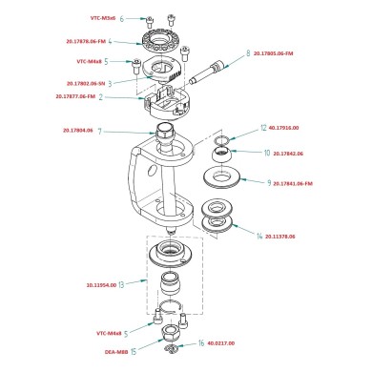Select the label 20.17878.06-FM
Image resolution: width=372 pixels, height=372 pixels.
point(87,41)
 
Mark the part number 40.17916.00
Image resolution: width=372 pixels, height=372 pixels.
point(285,126)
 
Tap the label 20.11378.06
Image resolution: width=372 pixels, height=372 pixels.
point(276,235)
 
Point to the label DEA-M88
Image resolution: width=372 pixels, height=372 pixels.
point(116,350)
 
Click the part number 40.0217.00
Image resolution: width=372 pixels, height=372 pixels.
point(220,342)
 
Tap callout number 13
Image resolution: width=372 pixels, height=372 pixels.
point(134,284)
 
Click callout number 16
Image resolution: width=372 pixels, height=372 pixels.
point(201,342)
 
